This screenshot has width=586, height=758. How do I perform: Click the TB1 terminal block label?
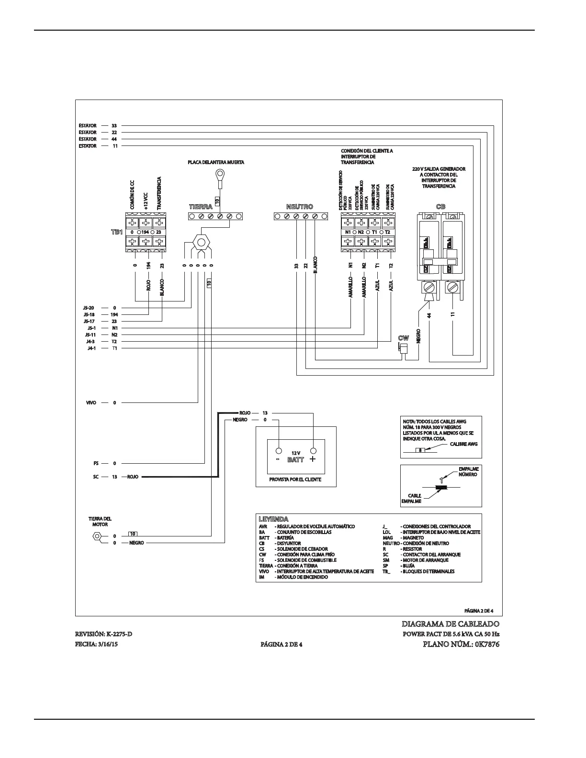pyautogui.click(x=117, y=232)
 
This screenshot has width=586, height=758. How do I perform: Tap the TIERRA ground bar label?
pyautogui.click(x=201, y=207)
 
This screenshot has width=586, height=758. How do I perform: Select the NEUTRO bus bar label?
pyautogui.click(x=299, y=207)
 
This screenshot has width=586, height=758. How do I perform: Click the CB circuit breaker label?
pyautogui.click(x=440, y=207)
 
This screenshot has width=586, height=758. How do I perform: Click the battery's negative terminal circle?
pyautogui.click(x=278, y=451)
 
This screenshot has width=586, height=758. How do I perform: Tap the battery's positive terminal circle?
pyautogui.click(x=313, y=451)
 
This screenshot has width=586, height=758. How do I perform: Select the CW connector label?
pyautogui.click(x=404, y=338)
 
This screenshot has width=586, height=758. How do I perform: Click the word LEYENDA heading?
pyautogui.click(x=273, y=519)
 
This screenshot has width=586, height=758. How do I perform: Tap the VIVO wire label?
pyautogui.click(x=91, y=402)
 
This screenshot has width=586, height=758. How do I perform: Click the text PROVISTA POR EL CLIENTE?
pyautogui.click(x=295, y=479)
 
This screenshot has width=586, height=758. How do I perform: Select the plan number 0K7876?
pyautogui.click(x=487, y=644)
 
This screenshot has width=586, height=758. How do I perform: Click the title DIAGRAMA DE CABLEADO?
pyautogui.click(x=451, y=624)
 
